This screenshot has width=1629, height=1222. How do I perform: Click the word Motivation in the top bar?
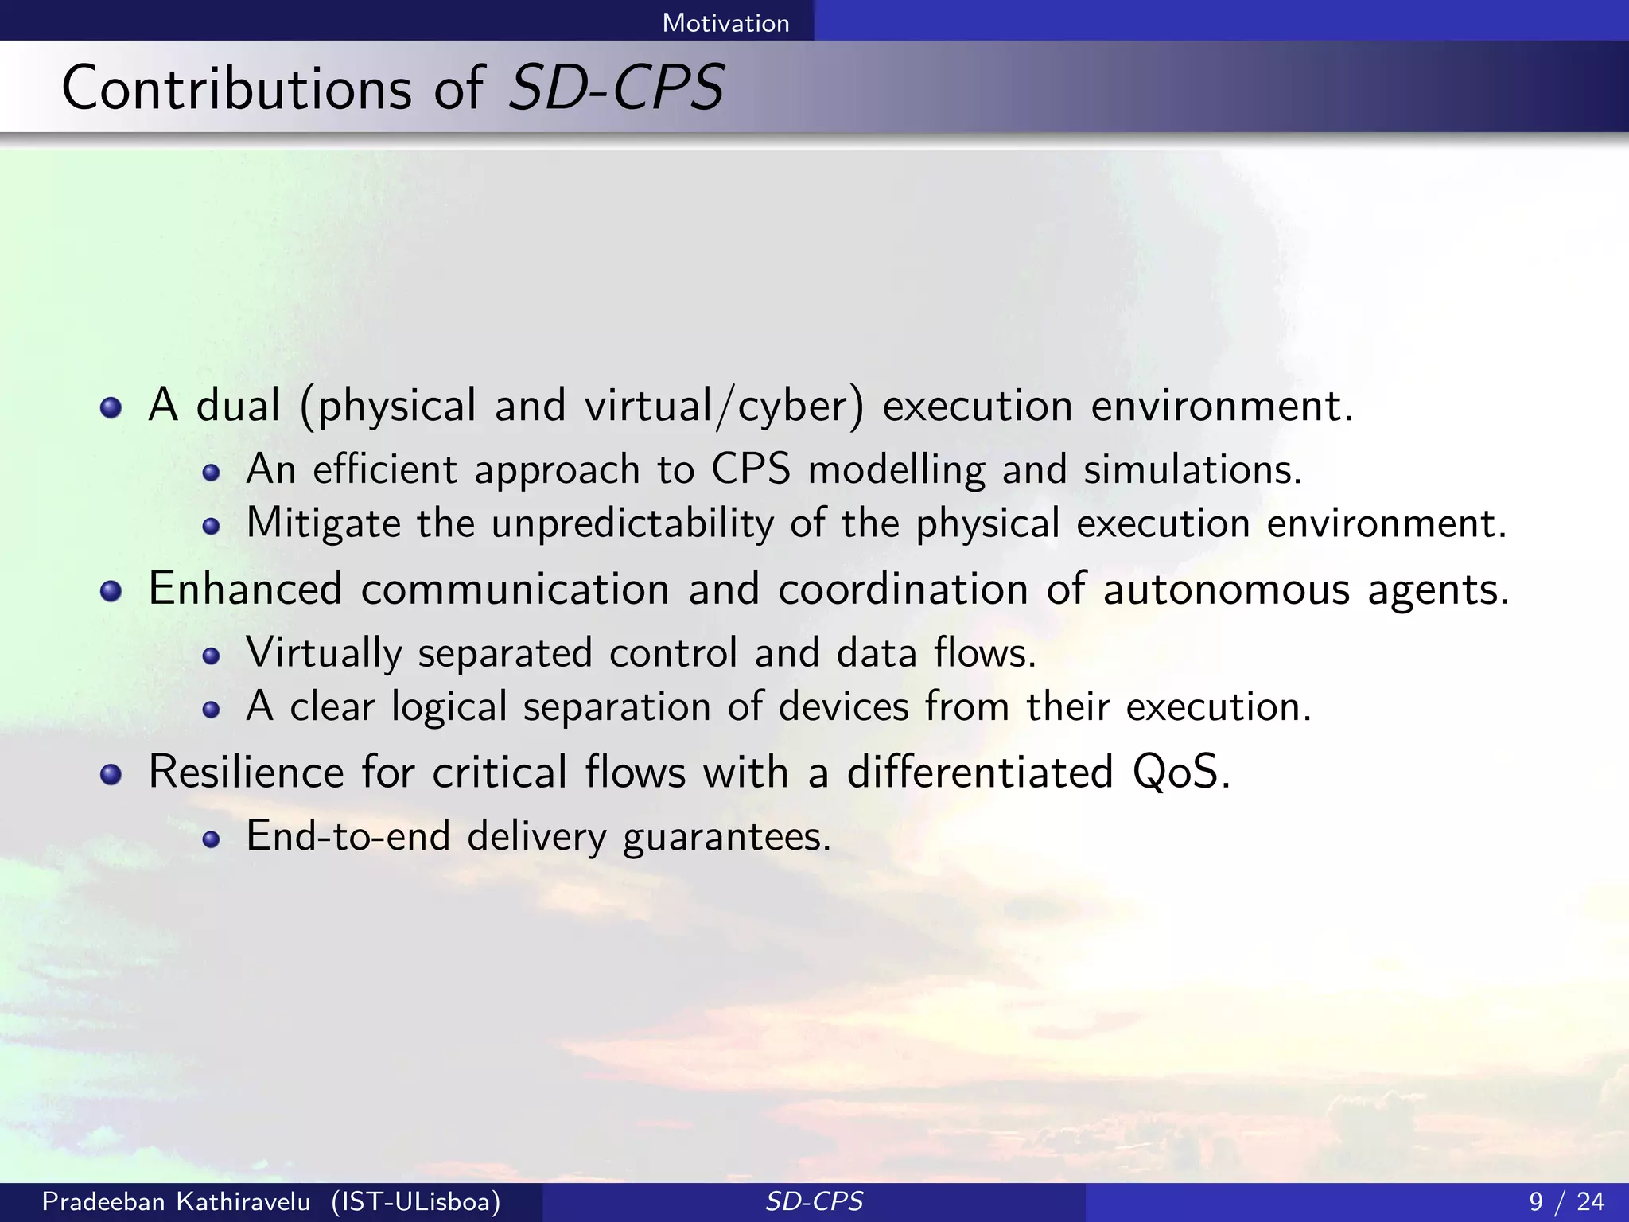[725, 23]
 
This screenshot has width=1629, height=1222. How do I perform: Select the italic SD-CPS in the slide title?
[616, 88]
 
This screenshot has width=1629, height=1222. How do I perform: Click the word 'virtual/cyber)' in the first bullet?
[724, 407]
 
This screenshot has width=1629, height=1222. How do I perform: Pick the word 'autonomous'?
[1226, 590]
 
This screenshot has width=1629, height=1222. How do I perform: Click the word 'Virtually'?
[324, 654]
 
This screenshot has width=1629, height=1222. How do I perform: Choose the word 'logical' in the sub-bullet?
[449, 707]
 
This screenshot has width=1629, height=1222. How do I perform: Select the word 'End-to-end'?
[348, 836]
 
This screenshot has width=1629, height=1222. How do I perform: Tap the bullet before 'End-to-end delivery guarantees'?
[211, 839]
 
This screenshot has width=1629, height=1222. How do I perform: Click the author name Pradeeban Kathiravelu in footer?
[176, 1201]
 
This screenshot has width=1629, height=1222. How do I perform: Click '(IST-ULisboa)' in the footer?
[416, 1201]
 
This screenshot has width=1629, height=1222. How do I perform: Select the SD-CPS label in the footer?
[814, 1201]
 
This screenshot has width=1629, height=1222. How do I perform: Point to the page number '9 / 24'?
[1566, 1201]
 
